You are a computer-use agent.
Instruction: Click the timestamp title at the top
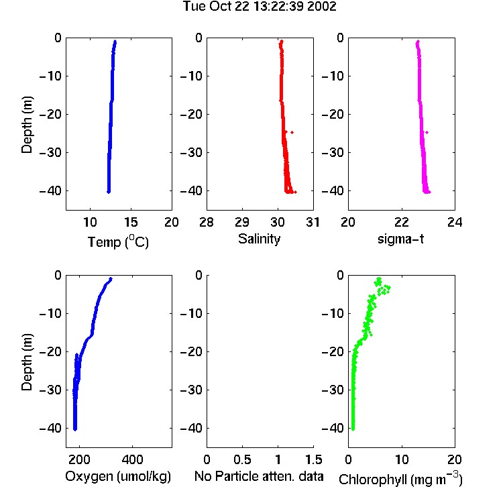click(x=260, y=7)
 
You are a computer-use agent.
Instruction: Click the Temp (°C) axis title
click(x=118, y=241)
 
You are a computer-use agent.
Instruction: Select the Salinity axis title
click(x=259, y=239)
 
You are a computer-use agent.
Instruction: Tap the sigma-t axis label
click(x=400, y=239)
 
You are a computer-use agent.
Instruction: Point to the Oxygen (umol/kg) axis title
click(x=118, y=477)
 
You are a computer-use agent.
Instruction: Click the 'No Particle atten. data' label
click(x=259, y=476)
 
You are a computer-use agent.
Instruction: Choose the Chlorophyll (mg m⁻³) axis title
click(x=400, y=479)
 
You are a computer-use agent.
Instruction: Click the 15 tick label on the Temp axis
click(x=131, y=222)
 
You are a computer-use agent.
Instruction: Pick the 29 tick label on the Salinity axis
click(x=242, y=222)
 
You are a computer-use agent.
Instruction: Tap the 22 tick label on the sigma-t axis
click(x=401, y=222)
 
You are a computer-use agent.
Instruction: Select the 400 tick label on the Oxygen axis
click(x=132, y=459)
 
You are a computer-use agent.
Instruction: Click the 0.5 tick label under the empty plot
click(x=242, y=459)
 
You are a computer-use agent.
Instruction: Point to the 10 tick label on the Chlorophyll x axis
click(x=401, y=459)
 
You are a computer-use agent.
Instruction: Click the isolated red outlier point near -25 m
click(x=292, y=132)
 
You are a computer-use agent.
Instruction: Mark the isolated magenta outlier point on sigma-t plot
click(x=427, y=132)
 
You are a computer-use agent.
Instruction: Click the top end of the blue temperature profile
click(x=115, y=42)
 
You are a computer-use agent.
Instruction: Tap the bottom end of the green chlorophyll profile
click(x=353, y=429)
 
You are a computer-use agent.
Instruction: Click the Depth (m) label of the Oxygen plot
click(x=27, y=362)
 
